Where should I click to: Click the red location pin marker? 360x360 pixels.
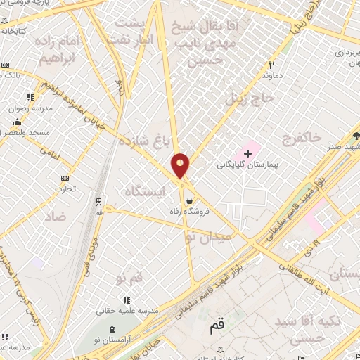coord(181,165)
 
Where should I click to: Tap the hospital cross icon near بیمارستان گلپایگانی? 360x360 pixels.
coord(247,153)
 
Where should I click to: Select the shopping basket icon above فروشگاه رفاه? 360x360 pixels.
coord(188,200)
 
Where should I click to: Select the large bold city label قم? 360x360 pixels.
coord(217,327)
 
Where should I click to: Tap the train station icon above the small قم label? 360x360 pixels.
coord(98,200)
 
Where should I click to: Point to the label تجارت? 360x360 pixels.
coord(65,189)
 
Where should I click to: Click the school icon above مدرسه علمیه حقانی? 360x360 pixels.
coord(127,300)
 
